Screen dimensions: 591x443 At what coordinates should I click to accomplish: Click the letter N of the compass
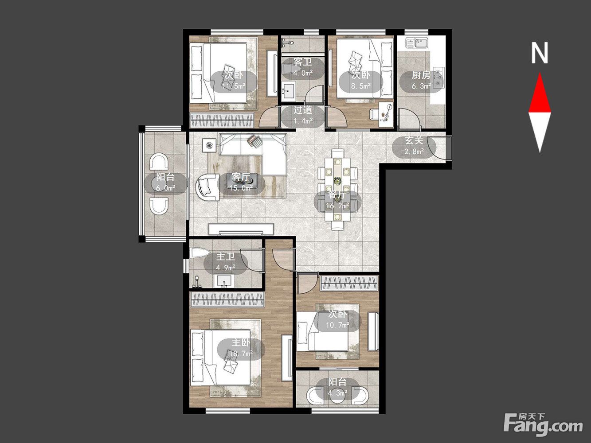(x=539, y=53)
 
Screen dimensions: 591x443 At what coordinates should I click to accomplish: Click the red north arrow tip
(x=540, y=74)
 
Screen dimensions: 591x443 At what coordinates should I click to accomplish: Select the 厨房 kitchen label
(x=421, y=75)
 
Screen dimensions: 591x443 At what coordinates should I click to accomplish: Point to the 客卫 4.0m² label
(x=303, y=67)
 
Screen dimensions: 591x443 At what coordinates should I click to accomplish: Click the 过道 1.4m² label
(x=303, y=115)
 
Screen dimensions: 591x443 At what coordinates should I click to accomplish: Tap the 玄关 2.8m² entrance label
(x=415, y=146)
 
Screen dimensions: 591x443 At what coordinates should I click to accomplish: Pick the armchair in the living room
(x=207, y=187)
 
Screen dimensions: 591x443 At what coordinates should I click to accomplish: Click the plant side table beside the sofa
(x=209, y=145)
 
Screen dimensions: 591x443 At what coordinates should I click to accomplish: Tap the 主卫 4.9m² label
(x=226, y=262)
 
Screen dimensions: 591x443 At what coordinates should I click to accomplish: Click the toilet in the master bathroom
(x=200, y=253)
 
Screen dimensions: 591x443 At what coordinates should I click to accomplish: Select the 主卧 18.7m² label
(x=241, y=348)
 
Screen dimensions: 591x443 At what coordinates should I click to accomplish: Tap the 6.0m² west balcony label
(x=165, y=188)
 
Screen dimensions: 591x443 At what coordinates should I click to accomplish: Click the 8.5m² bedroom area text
(x=361, y=86)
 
